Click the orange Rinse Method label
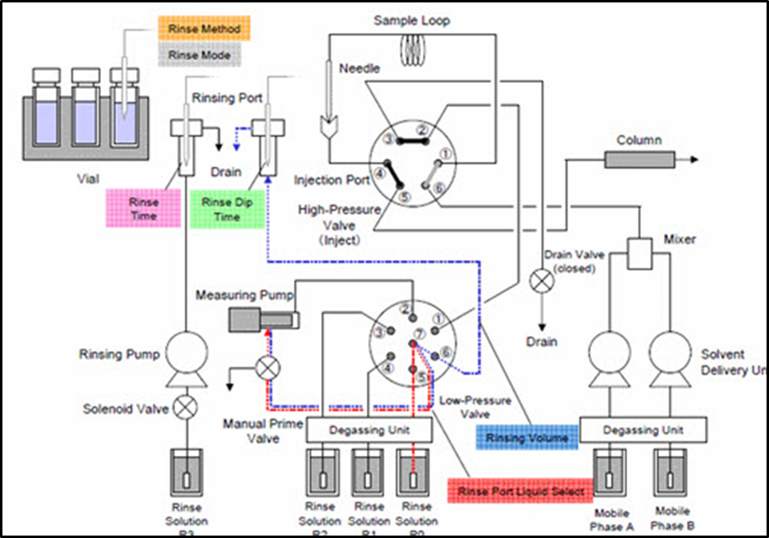[204, 29]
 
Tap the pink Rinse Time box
[144, 209]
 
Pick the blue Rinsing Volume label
[527, 439]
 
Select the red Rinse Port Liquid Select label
[521, 492]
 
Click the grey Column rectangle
[639, 160]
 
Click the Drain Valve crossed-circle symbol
[541, 281]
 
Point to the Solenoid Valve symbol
[187, 408]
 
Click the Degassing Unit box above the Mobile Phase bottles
[643, 429]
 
